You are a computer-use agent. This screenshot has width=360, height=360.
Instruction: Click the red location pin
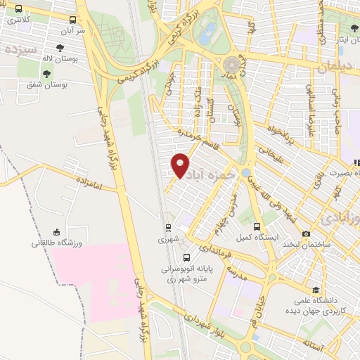[x=181, y=165]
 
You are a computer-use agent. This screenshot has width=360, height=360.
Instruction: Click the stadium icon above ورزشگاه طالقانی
[x=56, y=232]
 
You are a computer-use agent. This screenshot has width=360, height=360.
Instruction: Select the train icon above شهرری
[x=167, y=228]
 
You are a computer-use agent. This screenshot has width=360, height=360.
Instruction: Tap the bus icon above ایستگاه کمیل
[x=257, y=227]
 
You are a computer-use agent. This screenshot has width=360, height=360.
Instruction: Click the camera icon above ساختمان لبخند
[x=306, y=232]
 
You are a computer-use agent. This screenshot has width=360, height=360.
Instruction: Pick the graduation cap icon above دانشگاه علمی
[x=316, y=290]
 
